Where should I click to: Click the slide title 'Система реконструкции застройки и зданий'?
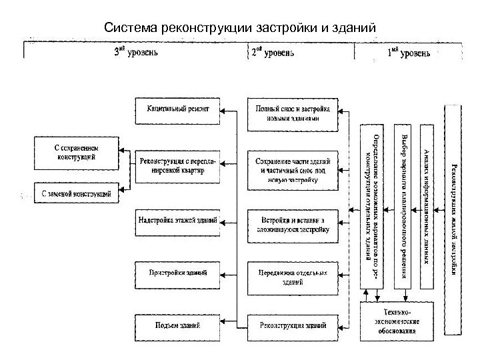tap(240, 28)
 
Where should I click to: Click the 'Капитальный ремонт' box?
tap(178, 110)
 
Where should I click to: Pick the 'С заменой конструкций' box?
tap(75, 193)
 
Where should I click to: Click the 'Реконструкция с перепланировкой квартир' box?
tap(178, 166)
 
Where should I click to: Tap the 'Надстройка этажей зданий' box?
tap(178, 219)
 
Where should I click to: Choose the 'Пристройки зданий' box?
tap(178, 273)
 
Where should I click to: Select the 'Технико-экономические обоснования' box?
tap(397, 321)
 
